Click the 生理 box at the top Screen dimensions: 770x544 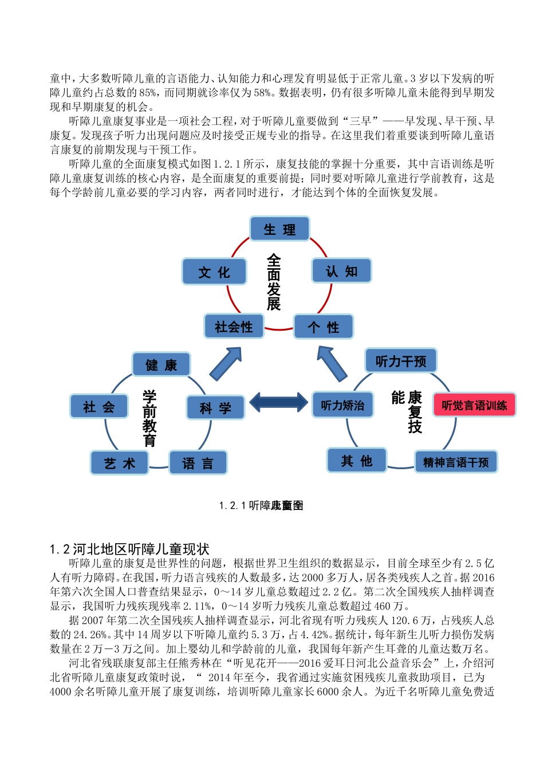(x=279, y=229)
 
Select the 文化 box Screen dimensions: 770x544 (x=214, y=272)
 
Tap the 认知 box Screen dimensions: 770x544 (x=341, y=271)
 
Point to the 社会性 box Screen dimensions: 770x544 (x=234, y=327)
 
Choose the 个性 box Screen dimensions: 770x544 (x=324, y=327)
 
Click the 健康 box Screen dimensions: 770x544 (x=161, y=365)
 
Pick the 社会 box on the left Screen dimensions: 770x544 (x=98, y=407)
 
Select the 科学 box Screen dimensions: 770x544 (x=215, y=408)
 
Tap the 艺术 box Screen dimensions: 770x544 (x=120, y=463)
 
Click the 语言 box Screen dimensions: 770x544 (x=198, y=463)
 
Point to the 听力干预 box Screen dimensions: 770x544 (x=401, y=361)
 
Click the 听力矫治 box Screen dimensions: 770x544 (x=342, y=405)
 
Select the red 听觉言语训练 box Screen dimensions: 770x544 (x=474, y=405)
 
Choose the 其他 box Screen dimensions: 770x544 (x=357, y=460)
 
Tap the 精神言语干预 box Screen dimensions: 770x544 (x=456, y=462)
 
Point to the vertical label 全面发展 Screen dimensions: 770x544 (x=274, y=282)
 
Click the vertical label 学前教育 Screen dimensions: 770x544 (x=149, y=418)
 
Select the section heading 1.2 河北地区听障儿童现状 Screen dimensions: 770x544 (x=129, y=549)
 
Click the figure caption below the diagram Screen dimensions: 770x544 (x=261, y=505)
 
